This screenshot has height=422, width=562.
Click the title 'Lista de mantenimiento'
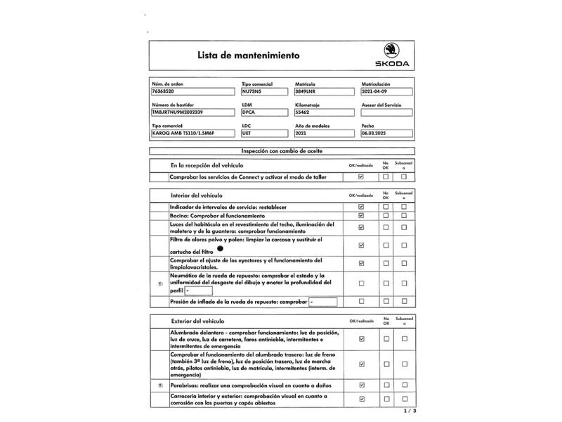pos(238,54)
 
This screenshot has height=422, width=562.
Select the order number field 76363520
pos(193,91)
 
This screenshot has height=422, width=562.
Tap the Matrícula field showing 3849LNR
pos(325,91)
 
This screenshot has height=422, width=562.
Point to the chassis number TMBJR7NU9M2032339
pos(193,112)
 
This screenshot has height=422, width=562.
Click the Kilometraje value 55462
pos(325,112)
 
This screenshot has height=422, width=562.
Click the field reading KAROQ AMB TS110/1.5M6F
pos(193,132)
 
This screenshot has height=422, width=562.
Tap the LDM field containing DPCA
pos(265,112)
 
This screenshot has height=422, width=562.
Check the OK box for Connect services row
pos(361,177)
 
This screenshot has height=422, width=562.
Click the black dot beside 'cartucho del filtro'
pos(220,249)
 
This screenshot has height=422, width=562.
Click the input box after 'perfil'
pos(199,290)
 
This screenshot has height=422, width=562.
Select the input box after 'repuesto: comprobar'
pos(324,302)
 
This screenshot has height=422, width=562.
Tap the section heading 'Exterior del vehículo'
pos(197,321)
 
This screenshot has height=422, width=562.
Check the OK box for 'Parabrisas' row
pos(361,385)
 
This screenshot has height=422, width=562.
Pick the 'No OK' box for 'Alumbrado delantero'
pos(385,339)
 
